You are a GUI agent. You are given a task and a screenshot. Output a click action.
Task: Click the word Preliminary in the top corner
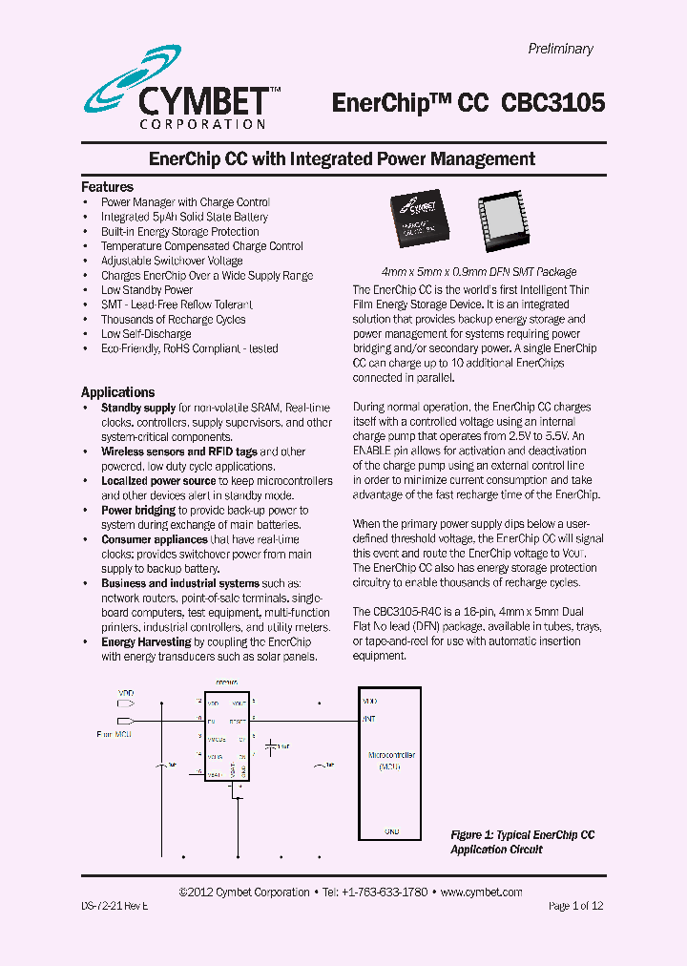(x=560, y=49)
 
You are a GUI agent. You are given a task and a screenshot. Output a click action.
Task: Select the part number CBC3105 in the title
(x=552, y=103)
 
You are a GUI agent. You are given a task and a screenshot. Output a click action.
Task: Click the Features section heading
(x=107, y=187)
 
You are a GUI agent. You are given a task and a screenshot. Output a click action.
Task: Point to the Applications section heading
(x=117, y=392)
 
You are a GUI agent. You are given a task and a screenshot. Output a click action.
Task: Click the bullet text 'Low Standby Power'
(x=147, y=290)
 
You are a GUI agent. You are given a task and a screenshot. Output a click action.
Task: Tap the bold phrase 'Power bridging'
(x=138, y=511)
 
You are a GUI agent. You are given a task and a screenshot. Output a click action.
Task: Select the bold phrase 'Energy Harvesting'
(x=146, y=642)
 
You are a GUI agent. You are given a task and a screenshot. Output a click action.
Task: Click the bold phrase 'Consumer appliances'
(x=154, y=539)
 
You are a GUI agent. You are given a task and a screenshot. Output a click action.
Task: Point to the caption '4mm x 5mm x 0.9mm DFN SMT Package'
(x=478, y=272)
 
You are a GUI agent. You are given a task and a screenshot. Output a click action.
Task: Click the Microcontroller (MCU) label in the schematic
(x=391, y=760)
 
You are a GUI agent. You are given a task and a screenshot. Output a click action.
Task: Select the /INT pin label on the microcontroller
(x=368, y=718)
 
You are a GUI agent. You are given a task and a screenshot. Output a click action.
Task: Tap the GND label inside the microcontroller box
(x=391, y=831)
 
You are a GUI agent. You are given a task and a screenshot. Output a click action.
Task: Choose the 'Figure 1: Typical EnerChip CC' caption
(x=522, y=835)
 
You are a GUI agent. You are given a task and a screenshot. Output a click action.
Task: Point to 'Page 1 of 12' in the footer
(x=575, y=906)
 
